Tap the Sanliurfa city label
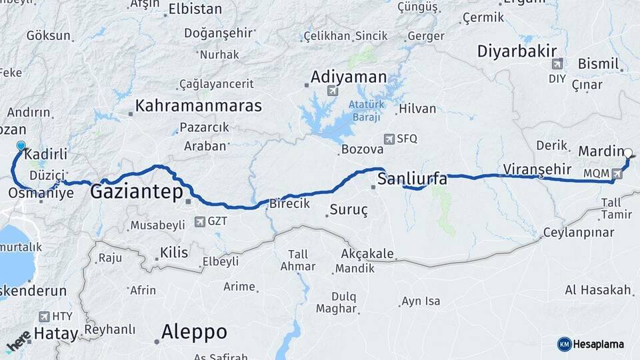pyautogui.click(x=412, y=179)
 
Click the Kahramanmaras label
pyautogui.click(x=198, y=105)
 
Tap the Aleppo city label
pyautogui.click(x=194, y=331)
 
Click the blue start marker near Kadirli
pyautogui.click(x=21, y=147)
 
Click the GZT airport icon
pyautogui.click(x=199, y=221)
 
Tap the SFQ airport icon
pyautogui.click(x=389, y=139)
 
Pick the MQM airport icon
pyautogui.click(x=617, y=173)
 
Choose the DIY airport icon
pyautogui.click(x=557, y=65)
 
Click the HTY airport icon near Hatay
pyautogui.click(x=44, y=317)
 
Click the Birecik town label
pyautogui.click(x=288, y=204)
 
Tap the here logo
pyautogui.click(x=18, y=341)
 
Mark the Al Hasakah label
pyautogui.click(x=597, y=290)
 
